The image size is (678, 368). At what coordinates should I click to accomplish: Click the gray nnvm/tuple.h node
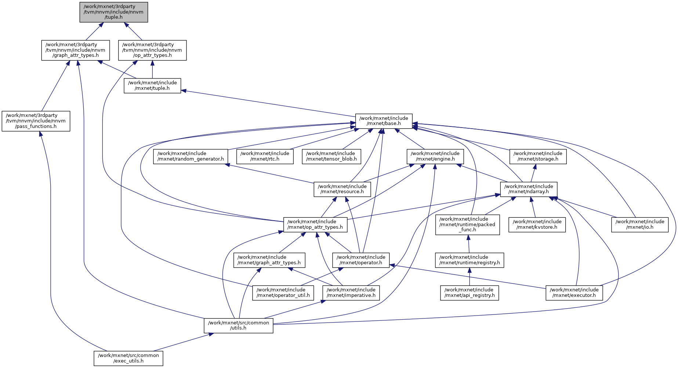(x=114, y=12)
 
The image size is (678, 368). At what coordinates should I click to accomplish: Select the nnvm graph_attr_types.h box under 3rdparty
(x=75, y=50)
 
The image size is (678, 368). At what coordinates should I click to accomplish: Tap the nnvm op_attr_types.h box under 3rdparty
(x=152, y=50)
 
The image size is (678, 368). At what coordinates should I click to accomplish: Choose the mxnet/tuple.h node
(x=152, y=86)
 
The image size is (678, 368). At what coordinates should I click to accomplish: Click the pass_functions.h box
(x=36, y=121)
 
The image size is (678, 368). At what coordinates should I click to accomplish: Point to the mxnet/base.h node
(x=384, y=121)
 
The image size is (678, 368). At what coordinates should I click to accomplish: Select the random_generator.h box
(x=191, y=157)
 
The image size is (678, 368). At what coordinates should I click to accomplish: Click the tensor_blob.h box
(x=331, y=157)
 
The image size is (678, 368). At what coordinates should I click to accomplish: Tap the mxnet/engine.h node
(x=435, y=157)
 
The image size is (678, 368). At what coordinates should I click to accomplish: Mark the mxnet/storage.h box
(x=538, y=157)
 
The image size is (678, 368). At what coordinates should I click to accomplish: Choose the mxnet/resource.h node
(x=342, y=189)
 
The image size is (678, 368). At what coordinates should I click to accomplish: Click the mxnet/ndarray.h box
(x=529, y=189)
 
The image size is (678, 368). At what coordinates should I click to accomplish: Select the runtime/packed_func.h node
(x=468, y=224)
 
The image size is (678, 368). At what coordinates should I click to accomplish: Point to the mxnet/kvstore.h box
(x=537, y=224)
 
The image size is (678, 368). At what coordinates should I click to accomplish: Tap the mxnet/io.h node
(x=640, y=224)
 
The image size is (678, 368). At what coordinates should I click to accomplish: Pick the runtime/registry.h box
(x=469, y=260)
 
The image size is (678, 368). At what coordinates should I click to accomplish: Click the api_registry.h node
(x=469, y=292)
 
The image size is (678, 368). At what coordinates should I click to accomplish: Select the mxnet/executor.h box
(x=574, y=292)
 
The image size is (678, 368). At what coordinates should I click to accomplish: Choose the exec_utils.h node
(x=128, y=358)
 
